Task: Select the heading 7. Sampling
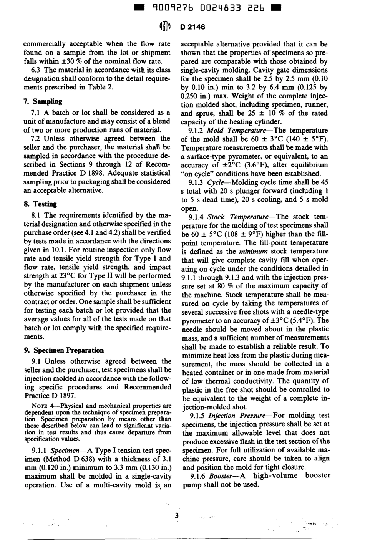(x=43, y=101)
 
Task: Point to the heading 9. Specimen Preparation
(x=64, y=350)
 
